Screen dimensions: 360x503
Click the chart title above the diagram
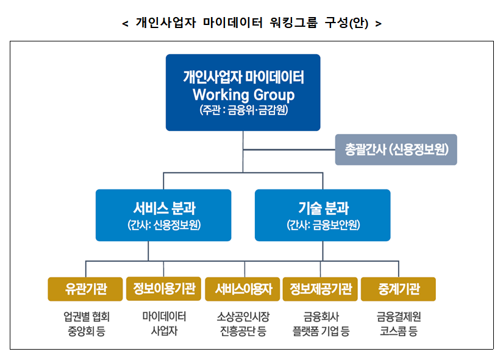(x=252, y=23)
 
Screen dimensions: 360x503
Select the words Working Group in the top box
(x=243, y=95)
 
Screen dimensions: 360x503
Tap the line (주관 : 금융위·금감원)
(x=243, y=111)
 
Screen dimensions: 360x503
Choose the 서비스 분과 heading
(x=164, y=208)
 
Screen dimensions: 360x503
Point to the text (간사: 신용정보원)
(x=164, y=225)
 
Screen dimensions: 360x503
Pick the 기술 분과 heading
(x=323, y=208)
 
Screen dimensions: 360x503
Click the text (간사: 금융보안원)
(x=323, y=225)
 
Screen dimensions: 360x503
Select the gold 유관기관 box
(x=85, y=289)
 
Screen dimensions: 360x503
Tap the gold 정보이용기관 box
(x=164, y=289)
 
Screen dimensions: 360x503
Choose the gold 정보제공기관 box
(x=321, y=289)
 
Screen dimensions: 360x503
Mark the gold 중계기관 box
(x=398, y=289)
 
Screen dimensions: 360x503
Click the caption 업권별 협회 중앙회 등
(x=86, y=324)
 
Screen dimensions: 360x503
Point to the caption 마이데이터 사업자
(x=164, y=324)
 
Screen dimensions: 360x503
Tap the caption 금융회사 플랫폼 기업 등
(x=321, y=324)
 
